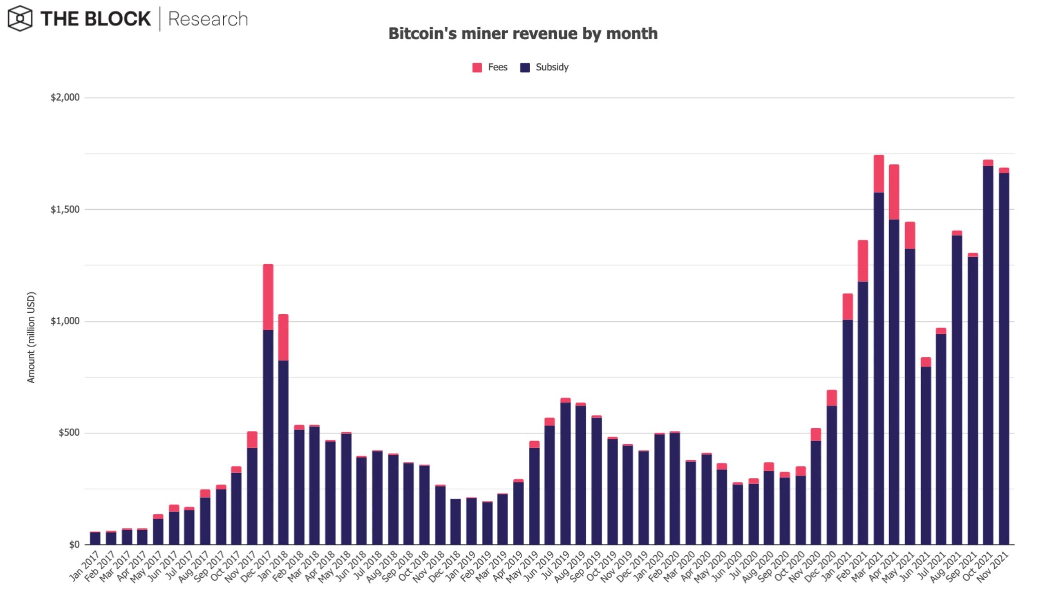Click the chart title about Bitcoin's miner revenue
pos(523,34)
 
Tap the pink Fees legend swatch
pos(477,68)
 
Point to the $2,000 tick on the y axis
pos(65,97)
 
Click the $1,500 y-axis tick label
pos(65,209)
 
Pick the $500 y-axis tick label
pos(69,433)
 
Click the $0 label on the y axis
pos(74,544)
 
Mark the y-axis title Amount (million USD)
pos(31,337)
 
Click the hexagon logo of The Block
pos(20,19)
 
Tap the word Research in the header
pos(208,19)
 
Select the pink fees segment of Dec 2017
pos(268,297)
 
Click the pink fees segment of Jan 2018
pos(283,337)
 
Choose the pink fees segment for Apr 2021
pos(894,192)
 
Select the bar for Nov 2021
pos(1004,356)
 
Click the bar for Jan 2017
pos(95,538)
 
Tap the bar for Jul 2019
pos(565,472)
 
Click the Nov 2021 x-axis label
pos(993,567)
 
